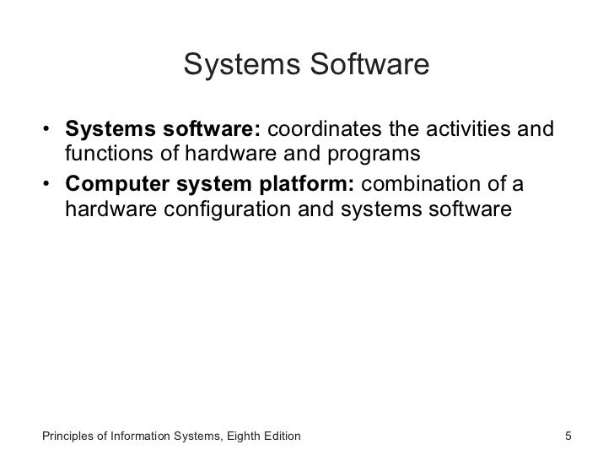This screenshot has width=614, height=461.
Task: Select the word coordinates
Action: tap(326, 132)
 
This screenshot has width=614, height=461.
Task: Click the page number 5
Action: tap(568, 437)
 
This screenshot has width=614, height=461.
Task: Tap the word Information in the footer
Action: tap(146, 437)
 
